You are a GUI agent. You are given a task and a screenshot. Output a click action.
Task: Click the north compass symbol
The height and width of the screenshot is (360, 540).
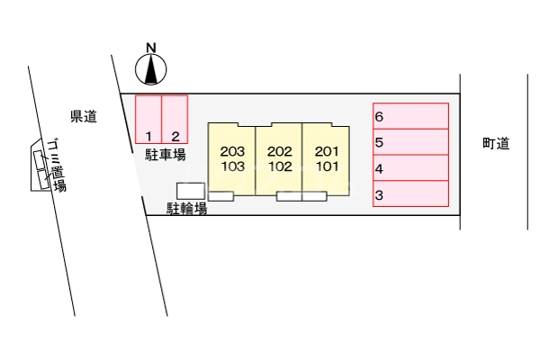[x=152, y=68]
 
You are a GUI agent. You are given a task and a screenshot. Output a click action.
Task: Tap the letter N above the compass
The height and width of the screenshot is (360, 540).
[x=151, y=48]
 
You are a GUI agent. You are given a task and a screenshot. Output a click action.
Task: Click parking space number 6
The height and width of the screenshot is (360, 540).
[x=411, y=117]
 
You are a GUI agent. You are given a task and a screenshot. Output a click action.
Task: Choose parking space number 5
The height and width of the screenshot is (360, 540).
[x=411, y=142]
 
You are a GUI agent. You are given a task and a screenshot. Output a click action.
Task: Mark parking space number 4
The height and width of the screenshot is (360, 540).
[x=411, y=168]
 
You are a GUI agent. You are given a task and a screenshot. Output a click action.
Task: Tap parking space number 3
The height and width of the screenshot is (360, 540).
[x=411, y=194]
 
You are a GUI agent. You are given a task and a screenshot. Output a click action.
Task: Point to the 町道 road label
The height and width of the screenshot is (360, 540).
[x=495, y=143]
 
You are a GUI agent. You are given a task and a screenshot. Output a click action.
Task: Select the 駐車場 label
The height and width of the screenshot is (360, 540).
[x=166, y=155]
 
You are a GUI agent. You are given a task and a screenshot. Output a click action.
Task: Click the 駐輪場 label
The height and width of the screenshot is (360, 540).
[x=187, y=210]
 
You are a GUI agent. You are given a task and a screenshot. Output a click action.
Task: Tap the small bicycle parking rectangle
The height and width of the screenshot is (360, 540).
[x=190, y=190]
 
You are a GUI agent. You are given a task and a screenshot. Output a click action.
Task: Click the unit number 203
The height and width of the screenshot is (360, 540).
[x=232, y=151]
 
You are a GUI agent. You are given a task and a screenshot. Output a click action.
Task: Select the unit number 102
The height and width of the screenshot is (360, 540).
[x=279, y=166]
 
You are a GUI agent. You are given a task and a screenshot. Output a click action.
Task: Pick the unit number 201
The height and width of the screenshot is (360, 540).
[x=326, y=151]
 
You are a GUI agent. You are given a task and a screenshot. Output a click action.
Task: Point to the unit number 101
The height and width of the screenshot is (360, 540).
[x=326, y=166]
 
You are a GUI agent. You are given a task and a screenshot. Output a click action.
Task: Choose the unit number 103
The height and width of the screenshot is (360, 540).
[x=232, y=166]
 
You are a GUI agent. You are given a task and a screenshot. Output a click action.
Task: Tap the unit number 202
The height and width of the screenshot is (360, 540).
[x=279, y=151]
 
